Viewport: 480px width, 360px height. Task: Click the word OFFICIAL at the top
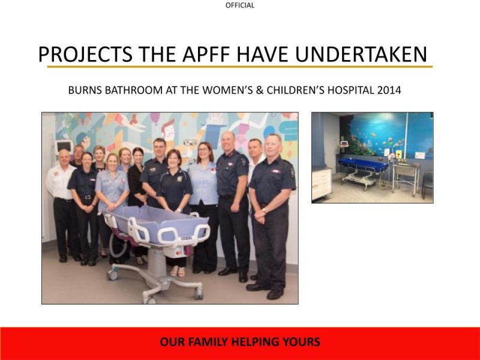(240, 5)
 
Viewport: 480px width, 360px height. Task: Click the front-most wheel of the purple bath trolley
(197, 293)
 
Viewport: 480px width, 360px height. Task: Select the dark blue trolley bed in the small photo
(362, 165)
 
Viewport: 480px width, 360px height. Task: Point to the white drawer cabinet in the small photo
(321, 183)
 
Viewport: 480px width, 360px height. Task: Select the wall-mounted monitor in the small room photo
(345, 144)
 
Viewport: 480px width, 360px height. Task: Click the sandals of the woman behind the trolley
(178, 272)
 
